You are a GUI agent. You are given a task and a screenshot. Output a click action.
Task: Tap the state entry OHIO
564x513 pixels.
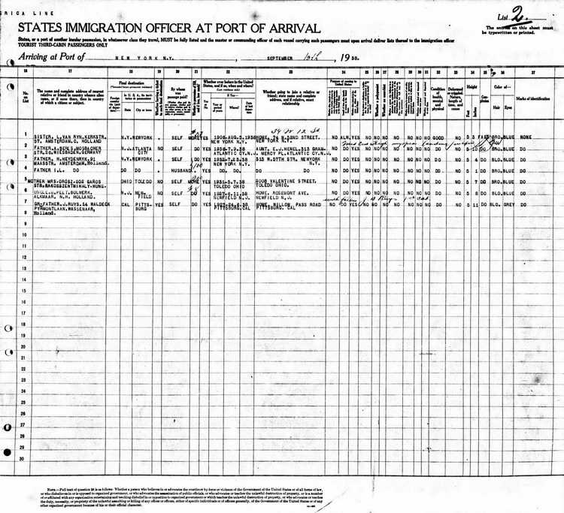point(126,181)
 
